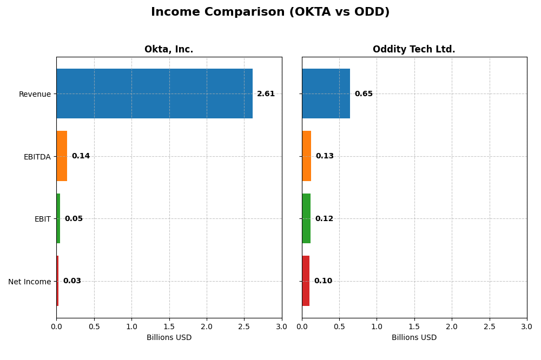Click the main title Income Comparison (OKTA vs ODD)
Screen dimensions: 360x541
click(x=270, y=12)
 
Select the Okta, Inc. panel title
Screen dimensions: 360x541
click(x=169, y=50)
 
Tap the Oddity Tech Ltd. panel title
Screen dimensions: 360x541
click(x=414, y=50)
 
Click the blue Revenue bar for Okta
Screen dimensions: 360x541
click(x=154, y=94)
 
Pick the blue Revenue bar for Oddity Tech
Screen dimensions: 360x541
click(x=326, y=94)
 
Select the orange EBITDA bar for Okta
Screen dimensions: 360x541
click(x=62, y=156)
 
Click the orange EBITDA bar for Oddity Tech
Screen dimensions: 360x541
click(x=307, y=156)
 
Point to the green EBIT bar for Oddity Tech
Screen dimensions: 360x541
click(x=306, y=218)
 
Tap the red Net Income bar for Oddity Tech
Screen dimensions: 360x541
click(x=306, y=281)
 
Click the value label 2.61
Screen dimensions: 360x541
click(x=266, y=94)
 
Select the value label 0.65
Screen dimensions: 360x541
click(x=364, y=94)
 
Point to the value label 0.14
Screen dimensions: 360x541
click(x=81, y=156)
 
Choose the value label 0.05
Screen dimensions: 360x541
click(x=74, y=219)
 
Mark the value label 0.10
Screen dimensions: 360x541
click(x=323, y=281)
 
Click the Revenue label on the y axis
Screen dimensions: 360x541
click(x=35, y=95)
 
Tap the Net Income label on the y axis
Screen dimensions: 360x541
click(x=29, y=282)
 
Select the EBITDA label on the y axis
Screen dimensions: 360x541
click(x=37, y=157)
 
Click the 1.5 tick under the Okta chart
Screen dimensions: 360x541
click(x=169, y=326)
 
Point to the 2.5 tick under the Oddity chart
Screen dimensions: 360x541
click(x=489, y=326)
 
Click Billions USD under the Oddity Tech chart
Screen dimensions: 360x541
click(x=414, y=338)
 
